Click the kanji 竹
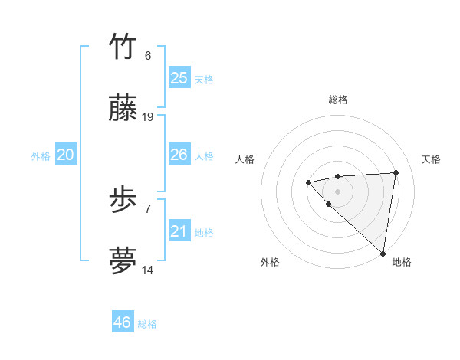click(123, 47)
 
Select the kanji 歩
click(123, 201)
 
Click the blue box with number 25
click(179, 77)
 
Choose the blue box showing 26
click(179, 155)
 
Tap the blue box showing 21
click(179, 231)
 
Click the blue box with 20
click(66, 155)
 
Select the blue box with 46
click(123, 322)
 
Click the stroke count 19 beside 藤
click(149, 117)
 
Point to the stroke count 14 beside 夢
click(149, 270)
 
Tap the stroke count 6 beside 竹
click(148, 55)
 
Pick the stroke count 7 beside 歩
click(148, 208)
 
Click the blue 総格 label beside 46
click(147, 324)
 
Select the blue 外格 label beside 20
click(41, 156)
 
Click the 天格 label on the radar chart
click(432, 159)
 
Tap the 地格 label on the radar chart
click(402, 262)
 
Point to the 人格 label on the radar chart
click(245, 159)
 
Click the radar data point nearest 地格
click(383, 254)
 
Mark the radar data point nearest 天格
click(396, 172)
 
